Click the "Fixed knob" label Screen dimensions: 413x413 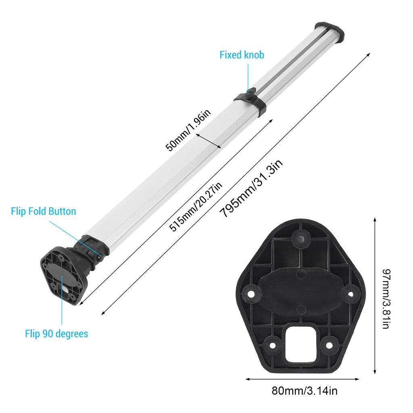pos(242,55)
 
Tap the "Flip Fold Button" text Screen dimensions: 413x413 pos(44,211)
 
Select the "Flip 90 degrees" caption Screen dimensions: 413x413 pos(56,334)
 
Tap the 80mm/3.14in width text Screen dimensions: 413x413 pos(305,390)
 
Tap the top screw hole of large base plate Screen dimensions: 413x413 pos(300,238)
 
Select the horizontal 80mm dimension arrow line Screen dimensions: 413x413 pos(302,379)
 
